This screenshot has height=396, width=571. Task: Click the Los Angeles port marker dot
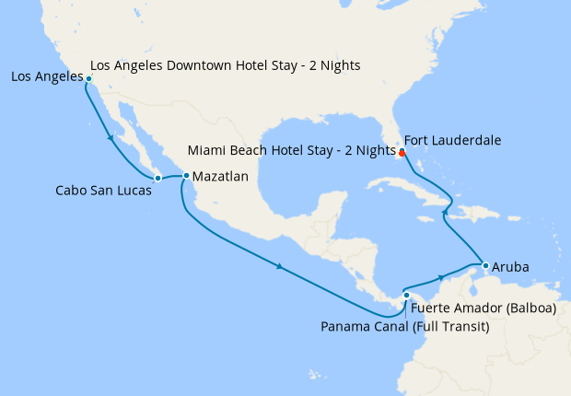point(88,79)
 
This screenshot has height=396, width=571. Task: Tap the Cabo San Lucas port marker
point(157,177)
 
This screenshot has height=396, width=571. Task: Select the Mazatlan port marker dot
point(186,175)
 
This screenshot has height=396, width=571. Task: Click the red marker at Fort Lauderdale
point(402,153)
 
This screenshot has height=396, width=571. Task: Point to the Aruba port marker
point(484,266)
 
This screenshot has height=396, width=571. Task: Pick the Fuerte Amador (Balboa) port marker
point(406,296)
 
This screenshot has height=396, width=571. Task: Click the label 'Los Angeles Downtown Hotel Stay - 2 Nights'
point(226,65)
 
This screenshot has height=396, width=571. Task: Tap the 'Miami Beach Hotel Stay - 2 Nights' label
point(291,150)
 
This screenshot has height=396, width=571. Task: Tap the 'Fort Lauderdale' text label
point(453,141)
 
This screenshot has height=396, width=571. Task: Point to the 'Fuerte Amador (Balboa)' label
point(484,309)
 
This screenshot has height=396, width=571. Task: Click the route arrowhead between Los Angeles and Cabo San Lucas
point(111,139)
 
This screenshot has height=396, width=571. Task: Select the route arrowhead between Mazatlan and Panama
point(279,268)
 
